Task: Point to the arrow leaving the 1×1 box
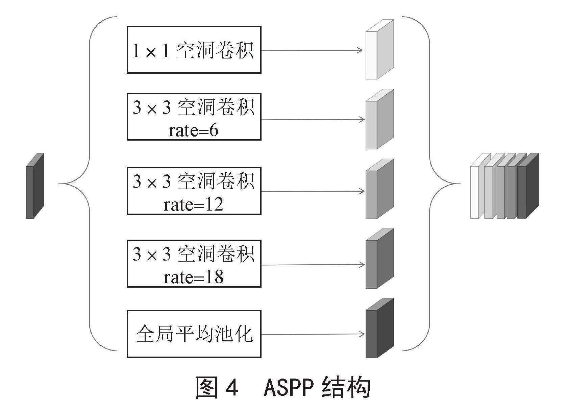[x=312, y=50]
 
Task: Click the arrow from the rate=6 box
[x=313, y=120]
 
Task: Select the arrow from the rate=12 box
[x=313, y=191]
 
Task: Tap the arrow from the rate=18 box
[x=313, y=265]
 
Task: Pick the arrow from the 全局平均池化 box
[x=313, y=334]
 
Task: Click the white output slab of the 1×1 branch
[x=379, y=49]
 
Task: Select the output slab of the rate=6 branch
[x=379, y=119]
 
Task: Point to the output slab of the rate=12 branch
[x=379, y=189]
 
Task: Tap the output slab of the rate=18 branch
[x=379, y=259]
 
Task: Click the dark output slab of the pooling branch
[x=379, y=328]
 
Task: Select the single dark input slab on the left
[x=35, y=186]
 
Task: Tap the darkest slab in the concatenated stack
[x=528, y=186]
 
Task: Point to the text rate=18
[x=194, y=277]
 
